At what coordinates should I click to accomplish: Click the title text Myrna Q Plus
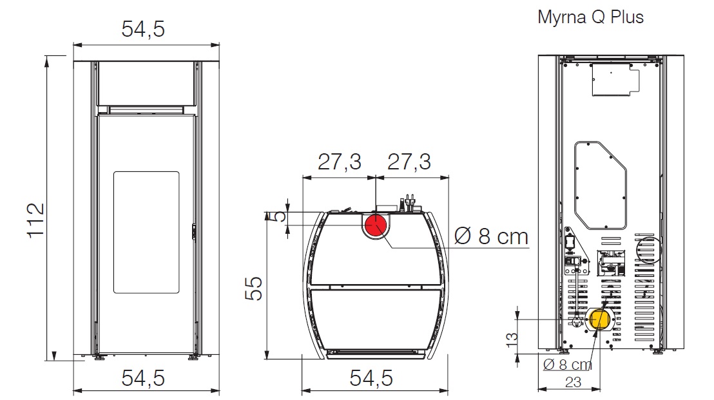click(x=590, y=17)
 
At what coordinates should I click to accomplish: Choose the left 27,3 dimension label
click(x=339, y=162)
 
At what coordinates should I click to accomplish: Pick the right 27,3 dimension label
click(x=408, y=162)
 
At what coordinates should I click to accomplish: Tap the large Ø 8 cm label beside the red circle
click(x=490, y=236)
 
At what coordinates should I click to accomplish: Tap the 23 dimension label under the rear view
click(x=572, y=382)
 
